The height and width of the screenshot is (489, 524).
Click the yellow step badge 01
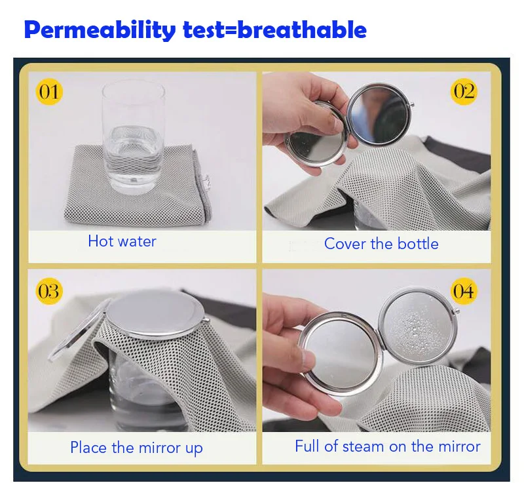48,91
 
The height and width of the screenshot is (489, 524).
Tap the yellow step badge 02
464,91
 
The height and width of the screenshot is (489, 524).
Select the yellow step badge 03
48,290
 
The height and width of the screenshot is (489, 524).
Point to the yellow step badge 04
464,290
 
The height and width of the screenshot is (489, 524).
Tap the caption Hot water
122,241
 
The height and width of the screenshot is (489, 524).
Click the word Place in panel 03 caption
88,448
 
